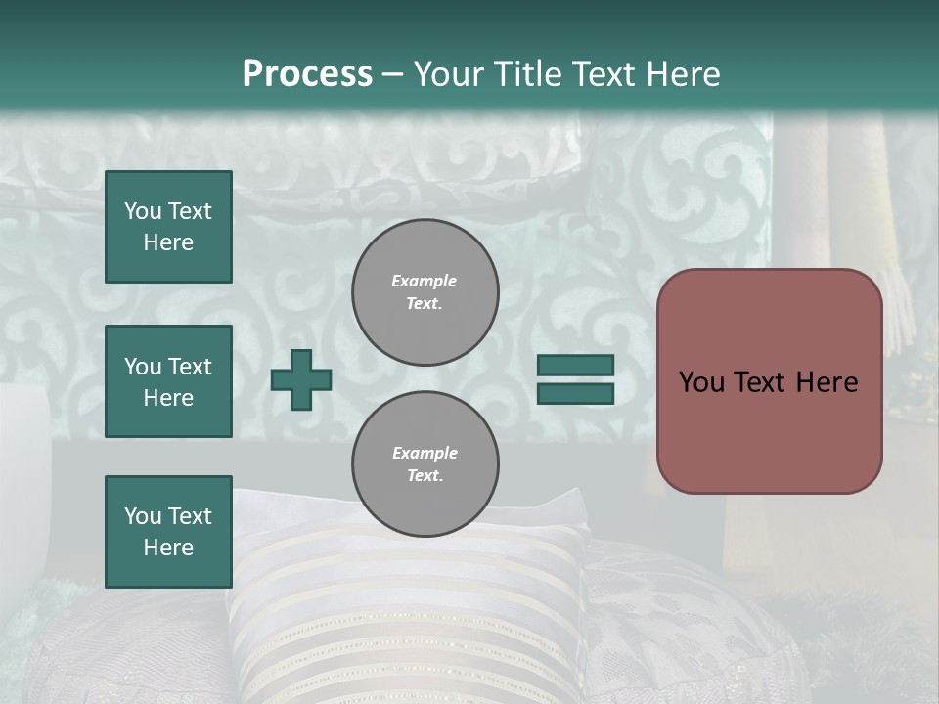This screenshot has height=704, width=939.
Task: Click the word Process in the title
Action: (307, 74)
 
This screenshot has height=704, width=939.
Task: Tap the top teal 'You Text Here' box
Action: (168, 227)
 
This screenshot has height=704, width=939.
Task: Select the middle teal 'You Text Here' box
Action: (168, 381)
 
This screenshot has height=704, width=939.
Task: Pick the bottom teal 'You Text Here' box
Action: (168, 532)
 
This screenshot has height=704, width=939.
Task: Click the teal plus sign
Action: (301, 379)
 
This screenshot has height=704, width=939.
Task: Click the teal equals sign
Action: (575, 379)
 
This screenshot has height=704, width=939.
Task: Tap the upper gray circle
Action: (425, 292)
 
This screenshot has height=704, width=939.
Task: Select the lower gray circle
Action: (425, 464)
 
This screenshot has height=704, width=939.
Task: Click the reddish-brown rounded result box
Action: (769, 381)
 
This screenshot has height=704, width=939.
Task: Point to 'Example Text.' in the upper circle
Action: (425, 292)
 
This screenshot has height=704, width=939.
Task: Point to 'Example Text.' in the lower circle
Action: (425, 464)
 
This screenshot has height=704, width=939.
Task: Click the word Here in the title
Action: (681, 74)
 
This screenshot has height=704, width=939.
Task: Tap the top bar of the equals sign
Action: (575, 365)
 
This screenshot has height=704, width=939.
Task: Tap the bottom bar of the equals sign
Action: (575, 394)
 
